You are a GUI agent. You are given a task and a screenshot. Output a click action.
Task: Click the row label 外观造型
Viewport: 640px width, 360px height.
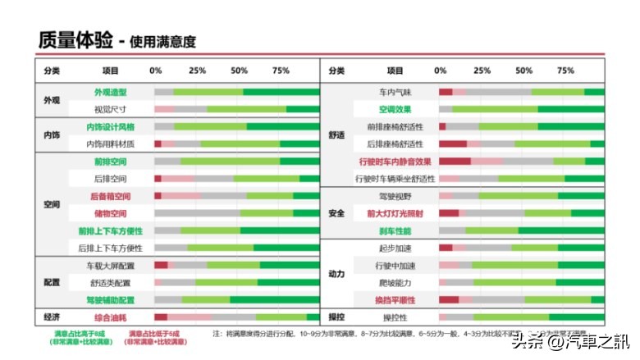point(110,92)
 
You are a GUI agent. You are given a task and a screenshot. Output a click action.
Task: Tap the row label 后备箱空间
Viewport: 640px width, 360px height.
point(110,196)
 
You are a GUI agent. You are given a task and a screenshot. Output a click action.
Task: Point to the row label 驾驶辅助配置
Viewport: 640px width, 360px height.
point(110,300)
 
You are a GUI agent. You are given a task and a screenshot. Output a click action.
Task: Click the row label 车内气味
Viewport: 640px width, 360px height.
point(395,92)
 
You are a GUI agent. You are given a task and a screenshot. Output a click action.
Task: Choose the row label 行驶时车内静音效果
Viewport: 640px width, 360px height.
point(395,162)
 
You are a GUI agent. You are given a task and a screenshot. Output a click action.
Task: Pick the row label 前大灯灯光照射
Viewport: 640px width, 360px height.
point(395,213)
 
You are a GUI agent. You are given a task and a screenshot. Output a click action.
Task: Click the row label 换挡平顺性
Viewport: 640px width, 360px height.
point(395,300)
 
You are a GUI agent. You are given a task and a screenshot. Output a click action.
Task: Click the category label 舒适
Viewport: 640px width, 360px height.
point(336,135)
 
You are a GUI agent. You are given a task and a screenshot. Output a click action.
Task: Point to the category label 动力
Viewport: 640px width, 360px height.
point(336,273)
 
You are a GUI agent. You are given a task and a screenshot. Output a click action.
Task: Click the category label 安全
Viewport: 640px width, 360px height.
point(336,213)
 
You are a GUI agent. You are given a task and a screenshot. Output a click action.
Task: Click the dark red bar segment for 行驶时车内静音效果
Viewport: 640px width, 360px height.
point(455,162)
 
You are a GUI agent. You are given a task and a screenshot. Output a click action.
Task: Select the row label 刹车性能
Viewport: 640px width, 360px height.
point(395,231)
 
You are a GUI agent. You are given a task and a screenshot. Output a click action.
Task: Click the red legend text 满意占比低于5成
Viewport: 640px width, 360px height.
point(155,333)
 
